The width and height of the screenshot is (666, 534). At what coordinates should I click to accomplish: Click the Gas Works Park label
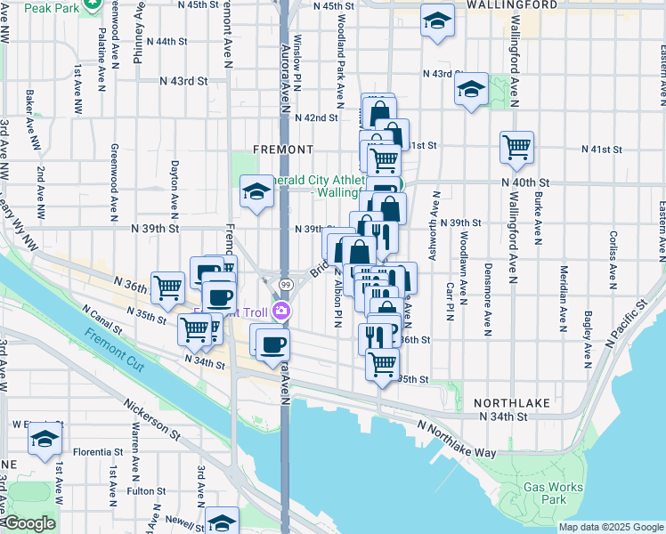click(x=553, y=493)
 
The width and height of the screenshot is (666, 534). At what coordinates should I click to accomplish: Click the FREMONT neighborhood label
click(x=283, y=149)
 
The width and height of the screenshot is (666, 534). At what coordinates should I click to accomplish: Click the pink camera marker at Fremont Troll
click(x=281, y=310)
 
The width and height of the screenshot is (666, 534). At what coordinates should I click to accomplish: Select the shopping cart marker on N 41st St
click(x=516, y=147)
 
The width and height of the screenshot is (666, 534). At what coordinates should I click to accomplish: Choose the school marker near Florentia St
click(x=45, y=439)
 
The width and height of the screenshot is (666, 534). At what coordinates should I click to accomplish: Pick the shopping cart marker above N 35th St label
click(x=382, y=362)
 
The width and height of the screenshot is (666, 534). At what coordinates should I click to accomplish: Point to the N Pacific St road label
click(x=627, y=325)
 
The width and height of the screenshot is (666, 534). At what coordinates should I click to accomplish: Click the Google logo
click(x=28, y=523)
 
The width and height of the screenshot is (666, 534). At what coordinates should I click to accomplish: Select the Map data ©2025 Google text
click(x=610, y=527)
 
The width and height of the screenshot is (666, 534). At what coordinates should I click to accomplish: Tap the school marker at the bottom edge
click(x=222, y=521)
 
